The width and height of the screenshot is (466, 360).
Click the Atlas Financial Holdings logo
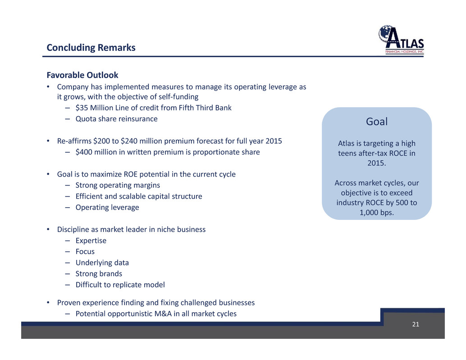(401, 40)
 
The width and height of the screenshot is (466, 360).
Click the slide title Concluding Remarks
(91, 47)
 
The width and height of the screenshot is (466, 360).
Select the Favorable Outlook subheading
(82, 75)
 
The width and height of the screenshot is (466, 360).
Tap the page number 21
(416, 324)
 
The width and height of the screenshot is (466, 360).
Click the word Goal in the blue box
(377, 122)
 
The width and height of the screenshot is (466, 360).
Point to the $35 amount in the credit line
(82, 108)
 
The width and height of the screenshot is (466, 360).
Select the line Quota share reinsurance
(116, 119)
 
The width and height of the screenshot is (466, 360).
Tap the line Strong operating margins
(118, 185)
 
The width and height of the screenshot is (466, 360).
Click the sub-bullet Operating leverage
(107, 207)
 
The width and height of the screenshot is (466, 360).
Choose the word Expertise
(91, 241)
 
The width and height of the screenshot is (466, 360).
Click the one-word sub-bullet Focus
(85, 251)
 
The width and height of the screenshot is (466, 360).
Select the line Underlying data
(102, 263)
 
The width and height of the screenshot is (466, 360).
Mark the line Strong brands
(99, 273)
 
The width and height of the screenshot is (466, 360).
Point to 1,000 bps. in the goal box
(377, 213)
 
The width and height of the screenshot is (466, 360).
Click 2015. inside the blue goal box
(377, 163)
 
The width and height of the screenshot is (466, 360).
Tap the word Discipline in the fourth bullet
(73, 229)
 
